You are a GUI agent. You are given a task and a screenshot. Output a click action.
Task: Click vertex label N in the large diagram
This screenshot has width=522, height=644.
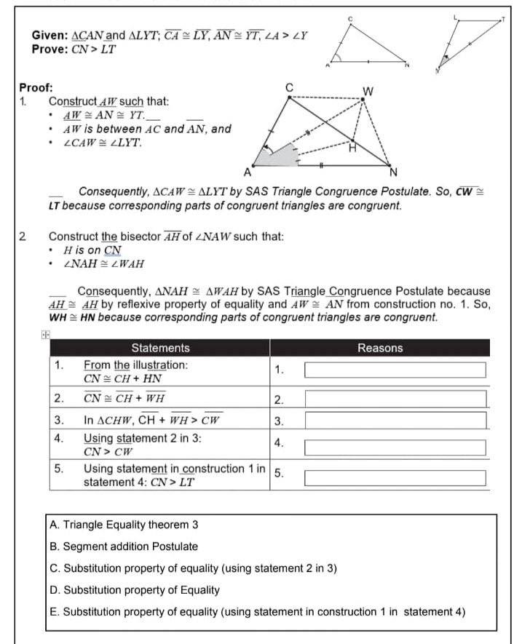pos(394,172)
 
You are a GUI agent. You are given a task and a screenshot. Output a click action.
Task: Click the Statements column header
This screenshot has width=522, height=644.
pos(160,348)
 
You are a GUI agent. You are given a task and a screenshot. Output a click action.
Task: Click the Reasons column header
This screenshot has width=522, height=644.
pos(379,348)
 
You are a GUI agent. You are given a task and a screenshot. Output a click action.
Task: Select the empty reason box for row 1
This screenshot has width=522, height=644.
pos(395,370)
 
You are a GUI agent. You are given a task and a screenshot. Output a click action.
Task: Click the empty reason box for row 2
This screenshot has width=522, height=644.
pos(395,399)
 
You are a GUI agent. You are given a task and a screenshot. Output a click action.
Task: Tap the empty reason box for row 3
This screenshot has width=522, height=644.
pos(395,421)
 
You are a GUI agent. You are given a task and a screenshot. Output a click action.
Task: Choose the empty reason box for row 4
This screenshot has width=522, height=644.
pos(395,446)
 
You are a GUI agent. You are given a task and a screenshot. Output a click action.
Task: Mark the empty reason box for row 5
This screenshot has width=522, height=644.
pos(395,478)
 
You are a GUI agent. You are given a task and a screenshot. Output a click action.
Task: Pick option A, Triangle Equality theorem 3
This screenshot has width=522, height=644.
pos(124,525)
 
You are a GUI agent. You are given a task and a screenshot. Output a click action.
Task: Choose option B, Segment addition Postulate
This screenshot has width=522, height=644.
pos(124,546)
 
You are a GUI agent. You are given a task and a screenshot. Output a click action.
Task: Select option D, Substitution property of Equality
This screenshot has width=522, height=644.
pos(135,590)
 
